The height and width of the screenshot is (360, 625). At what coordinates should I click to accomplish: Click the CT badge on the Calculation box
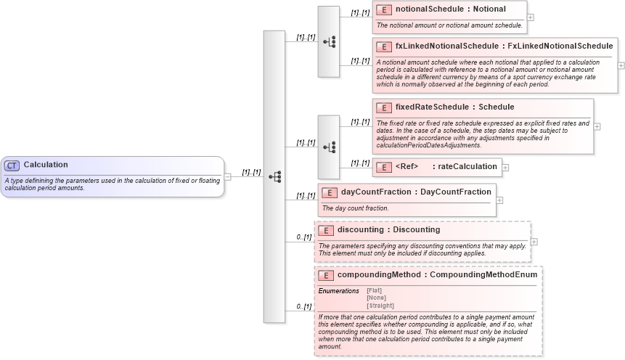pyautogui.click(x=12, y=165)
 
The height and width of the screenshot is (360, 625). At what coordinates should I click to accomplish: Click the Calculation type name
pyautogui.click(x=45, y=165)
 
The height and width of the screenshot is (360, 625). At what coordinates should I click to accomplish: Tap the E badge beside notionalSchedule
pyautogui.click(x=384, y=10)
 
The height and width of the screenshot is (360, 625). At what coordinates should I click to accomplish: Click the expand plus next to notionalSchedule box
pyautogui.click(x=531, y=17)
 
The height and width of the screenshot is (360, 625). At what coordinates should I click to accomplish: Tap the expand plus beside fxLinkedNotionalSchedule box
pyautogui.click(x=621, y=65)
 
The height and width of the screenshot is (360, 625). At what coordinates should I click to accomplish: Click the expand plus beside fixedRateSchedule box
pyautogui.click(x=597, y=126)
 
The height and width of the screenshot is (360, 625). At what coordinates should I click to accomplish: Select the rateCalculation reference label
pyautogui.click(x=465, y=167)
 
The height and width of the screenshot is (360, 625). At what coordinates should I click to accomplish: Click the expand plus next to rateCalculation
pyautogui.click(x=506, y=167)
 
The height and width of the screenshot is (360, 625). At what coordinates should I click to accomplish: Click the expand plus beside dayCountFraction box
pyautogui.click(x=499, y=200)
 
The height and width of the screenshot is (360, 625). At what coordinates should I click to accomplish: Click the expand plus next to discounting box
pyautogui.click(x=534, y=242)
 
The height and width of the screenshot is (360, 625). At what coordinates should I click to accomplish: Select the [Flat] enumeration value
pyautogui.click(x=375, y=290)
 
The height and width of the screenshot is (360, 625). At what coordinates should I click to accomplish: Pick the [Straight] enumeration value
pyautogui.click(x=380, y=305)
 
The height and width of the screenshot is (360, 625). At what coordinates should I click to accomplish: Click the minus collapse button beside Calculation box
pyautogui.click(x=227, y=176)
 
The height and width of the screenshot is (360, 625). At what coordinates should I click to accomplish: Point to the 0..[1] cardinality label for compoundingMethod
pyautogui.click(x=304, y=307)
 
